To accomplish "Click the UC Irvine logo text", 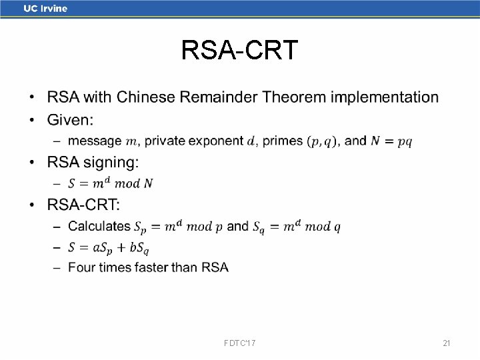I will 45,9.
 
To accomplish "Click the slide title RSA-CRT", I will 239,50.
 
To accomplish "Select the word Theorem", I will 294,97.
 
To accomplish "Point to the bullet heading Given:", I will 70,120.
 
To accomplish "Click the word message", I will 95,141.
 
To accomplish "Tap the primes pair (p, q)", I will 322,141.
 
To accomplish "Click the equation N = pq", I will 391,141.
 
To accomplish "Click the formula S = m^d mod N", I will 115,183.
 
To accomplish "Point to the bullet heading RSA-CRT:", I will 83,204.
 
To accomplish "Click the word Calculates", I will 99,226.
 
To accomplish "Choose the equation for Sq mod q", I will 297,227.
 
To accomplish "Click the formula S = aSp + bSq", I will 109,247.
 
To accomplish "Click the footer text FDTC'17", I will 241,343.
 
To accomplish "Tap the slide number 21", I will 447,343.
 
